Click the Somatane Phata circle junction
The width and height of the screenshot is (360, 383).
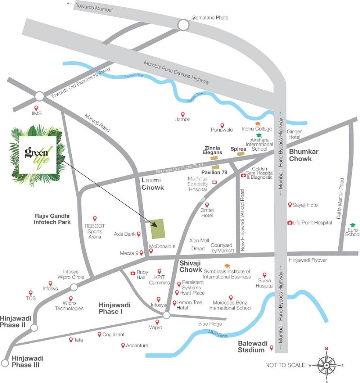pyautogui.click(x=184, y=25)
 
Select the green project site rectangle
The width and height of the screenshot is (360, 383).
pyautogui.click(x=158, y=228)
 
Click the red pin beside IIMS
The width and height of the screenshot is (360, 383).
pyautogui.click(x=36, y=108)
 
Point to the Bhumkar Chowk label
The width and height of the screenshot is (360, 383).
pyautogui.click(x=303, y=155)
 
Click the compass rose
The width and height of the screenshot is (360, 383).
pyautogui.click(x=326, y=365)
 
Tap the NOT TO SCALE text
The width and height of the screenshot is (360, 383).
pyautogui.click(x=285, y=365)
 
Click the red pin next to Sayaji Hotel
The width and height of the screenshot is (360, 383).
pyautogui.click(x=290, y=205)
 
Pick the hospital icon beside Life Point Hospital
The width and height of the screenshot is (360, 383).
pyautogui.click(x=289, y=223)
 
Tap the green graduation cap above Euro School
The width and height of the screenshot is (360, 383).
pyautogui.click(x=352, y=225)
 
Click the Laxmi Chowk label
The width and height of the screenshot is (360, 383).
pyautogui.click(x=153, y=183)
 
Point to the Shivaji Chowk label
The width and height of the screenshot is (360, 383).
pyautogui.click(x=191, y=266)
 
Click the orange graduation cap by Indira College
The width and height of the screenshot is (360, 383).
pyautogui.click(x=258, y=124)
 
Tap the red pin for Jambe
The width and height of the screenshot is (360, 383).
pyautogui.click(x=183, y=114)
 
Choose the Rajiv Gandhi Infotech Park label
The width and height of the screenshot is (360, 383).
pyautogui.click(x=52, y=219)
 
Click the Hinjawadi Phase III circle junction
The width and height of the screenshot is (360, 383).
pyautogui.click(x=5, y=362)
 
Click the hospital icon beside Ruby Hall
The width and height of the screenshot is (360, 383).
pyautogui.click(x=132, y=273)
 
